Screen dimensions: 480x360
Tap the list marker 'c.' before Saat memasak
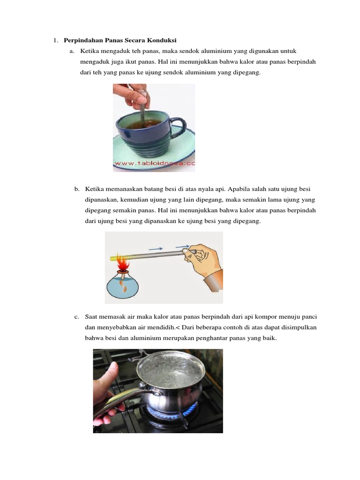[77, 317]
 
